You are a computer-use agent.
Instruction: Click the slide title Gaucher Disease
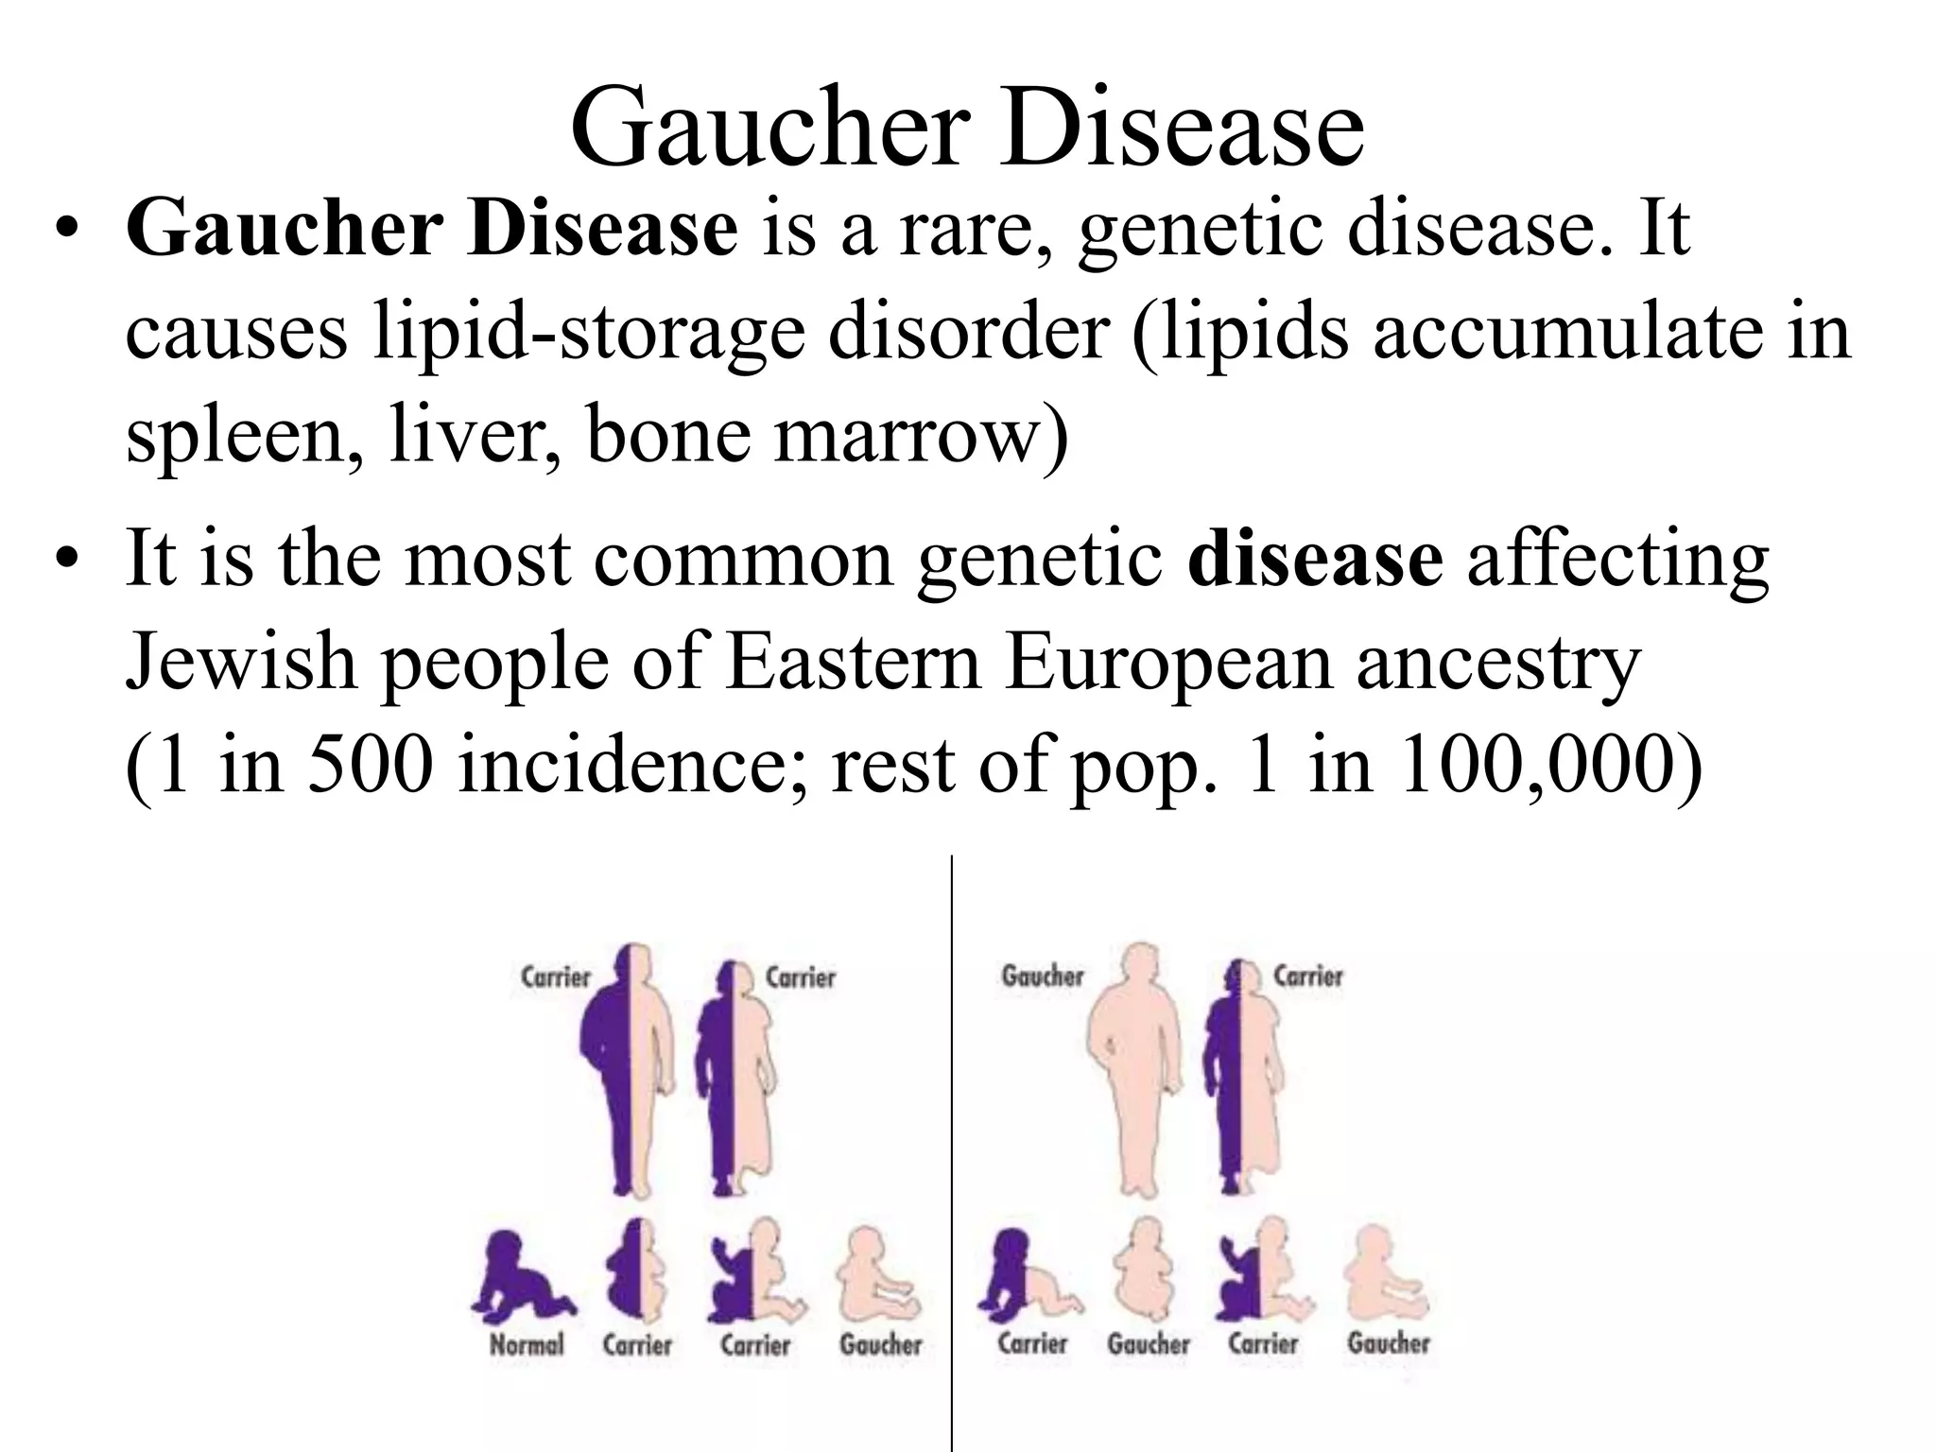pyautogui.click(x=967, y=128)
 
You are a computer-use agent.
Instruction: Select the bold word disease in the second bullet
pyautogui.click(x=1315, y=559)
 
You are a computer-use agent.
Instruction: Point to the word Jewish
pyautogui.click(x=241, y=662)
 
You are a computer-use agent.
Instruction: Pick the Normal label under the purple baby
pyautogui.click(x=527, y=1343)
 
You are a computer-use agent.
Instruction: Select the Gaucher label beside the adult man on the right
pyautogui.click(x=1042, y=976)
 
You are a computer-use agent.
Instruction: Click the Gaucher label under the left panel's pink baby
pyautogui.click(x=880, y=1343)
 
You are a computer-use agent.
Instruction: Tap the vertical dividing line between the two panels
pyautogui.click(x=952, y=1134)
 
